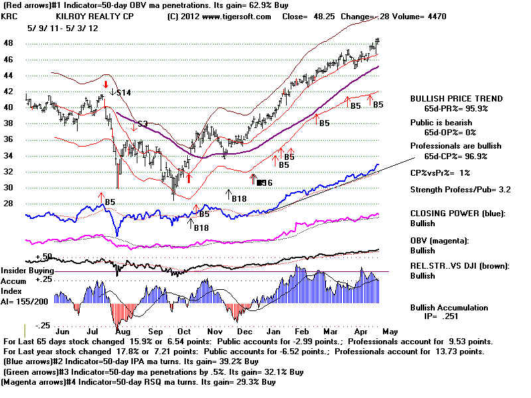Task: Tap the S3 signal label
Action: (142, 124)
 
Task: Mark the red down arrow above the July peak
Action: (105, 85)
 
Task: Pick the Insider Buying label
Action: (27, 271)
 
